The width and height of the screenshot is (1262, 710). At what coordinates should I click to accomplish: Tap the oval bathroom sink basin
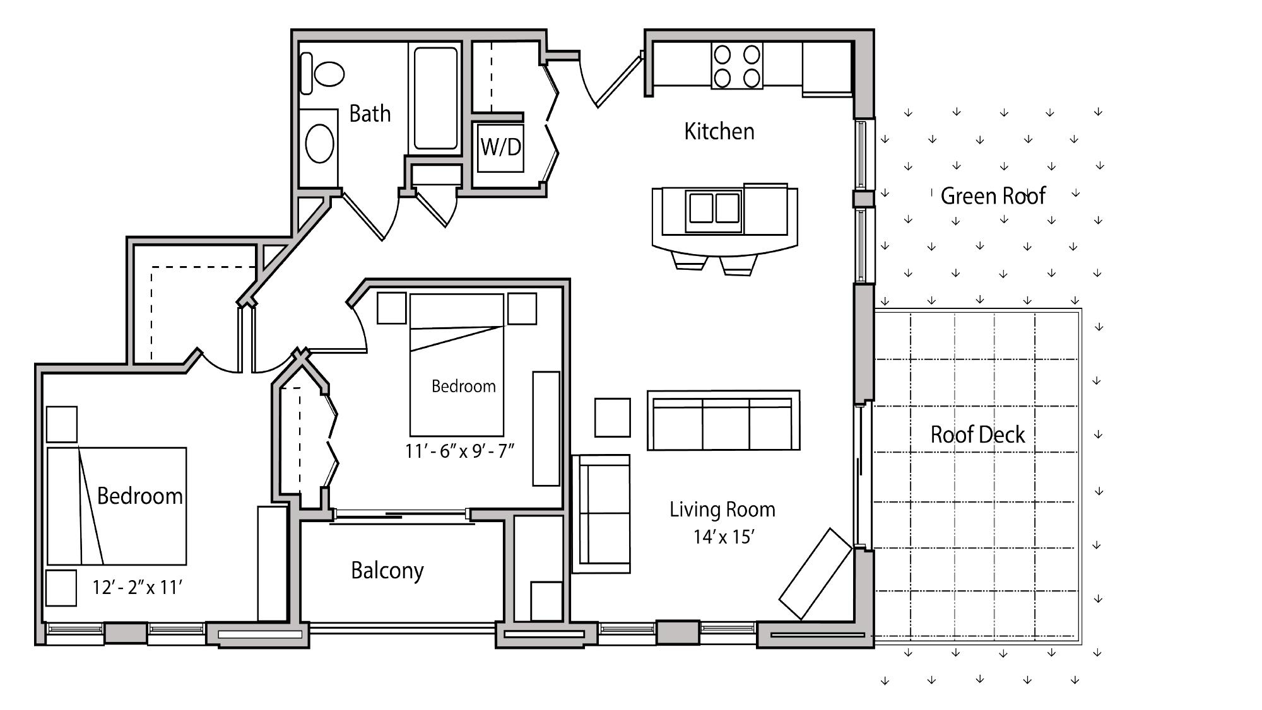tap(319, 144)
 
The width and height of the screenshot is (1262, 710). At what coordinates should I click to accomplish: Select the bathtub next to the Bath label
tap(435, 98)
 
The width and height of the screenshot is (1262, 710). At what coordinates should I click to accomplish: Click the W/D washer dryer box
tap(500, 148)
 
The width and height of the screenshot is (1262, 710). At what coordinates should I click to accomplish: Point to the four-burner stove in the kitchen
tap(736, 66)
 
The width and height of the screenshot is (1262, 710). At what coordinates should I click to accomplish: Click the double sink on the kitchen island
tap(714, 209)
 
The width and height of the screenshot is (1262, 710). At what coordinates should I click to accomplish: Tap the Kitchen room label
tap(719, 131)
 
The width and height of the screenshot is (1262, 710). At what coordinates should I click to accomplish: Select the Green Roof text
tap(993, 196)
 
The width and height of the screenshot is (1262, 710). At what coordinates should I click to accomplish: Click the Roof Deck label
tap(977, 434)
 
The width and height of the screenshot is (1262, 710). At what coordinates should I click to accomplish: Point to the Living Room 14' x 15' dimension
tap(724, 537)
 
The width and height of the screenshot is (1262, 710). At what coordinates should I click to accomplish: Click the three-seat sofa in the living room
tap(723, 421)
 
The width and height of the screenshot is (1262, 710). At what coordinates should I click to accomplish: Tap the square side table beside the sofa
tap(612, 417)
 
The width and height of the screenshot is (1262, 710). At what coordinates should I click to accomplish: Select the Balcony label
tap(387, 571)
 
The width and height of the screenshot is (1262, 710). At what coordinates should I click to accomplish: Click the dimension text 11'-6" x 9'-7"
tap(460, 451)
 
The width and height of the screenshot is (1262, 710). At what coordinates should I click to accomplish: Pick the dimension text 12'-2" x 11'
tap(137, 588)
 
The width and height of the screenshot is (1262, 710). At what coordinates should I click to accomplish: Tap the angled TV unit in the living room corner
tap(815, 574)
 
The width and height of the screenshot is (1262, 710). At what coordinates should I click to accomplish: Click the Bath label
tap(370, 114)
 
